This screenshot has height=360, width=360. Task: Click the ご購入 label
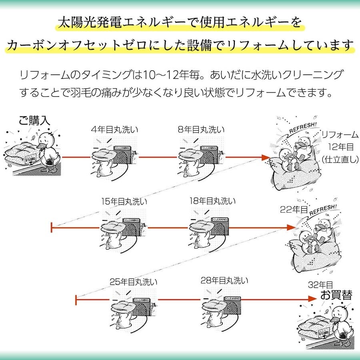(x=34, y=120)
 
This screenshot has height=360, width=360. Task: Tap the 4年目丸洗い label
(x=115, y=130)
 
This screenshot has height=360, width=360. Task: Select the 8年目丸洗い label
(x=201, y=130)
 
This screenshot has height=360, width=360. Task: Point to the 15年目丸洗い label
(x=124, y=202)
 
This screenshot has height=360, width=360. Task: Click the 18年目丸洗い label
(x=213, y=201)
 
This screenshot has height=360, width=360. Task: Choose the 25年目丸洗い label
(x=133, y=282)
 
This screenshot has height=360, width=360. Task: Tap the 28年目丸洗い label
(x=224, y=280)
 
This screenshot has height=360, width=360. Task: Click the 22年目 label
(x=294, y=209)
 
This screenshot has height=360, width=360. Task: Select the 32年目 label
(x=320, y=285)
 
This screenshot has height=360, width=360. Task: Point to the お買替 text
(x=336, y=295)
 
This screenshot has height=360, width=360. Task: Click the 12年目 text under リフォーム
(x=341, y=147)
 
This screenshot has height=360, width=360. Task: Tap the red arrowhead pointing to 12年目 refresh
(x=266, y=158)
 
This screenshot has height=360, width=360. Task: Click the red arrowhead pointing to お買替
(x=312, y=299)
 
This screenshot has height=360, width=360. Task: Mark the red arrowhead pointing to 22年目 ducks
(x=291, y=228)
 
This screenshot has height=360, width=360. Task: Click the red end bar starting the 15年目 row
(x=52, y=228)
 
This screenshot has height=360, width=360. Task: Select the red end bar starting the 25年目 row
(x=76, y=299)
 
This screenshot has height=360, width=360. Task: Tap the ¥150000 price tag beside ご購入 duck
(x=30, y=158)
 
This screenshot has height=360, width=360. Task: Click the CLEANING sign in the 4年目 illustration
(x=123, y=148)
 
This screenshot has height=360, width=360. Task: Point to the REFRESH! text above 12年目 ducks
(x=303, y=128)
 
